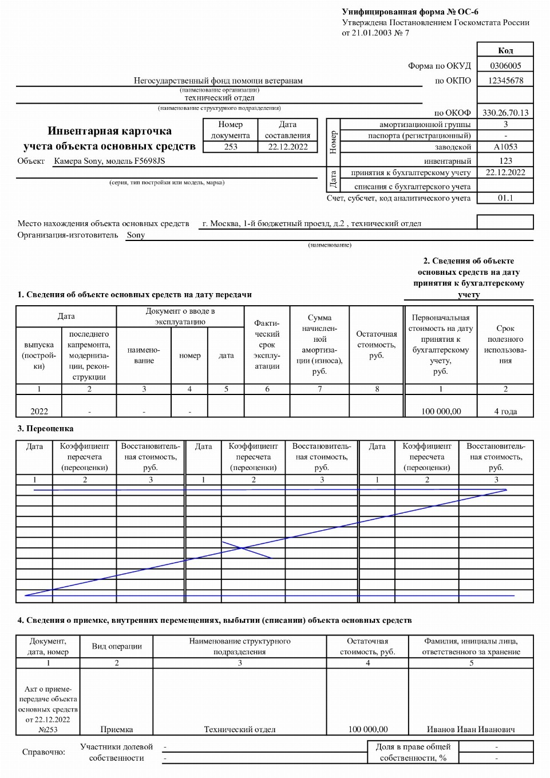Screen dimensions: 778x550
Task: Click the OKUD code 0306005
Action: (x=505, y=66)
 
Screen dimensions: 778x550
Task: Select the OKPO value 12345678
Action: (x=505, y=81)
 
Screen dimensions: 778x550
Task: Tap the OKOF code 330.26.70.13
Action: (x=505, y=113)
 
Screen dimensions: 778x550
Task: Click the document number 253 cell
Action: (x=231, y=147)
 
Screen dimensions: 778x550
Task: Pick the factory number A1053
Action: (x=505, y=147)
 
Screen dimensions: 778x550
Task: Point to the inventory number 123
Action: (x=505, y=161)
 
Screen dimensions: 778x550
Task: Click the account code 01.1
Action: (x=505, y=198)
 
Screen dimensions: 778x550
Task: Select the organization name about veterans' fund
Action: (x=218, y=81)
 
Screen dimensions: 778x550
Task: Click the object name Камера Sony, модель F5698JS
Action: (x=109, y=161)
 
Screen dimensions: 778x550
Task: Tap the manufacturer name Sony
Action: (x=136, y=235)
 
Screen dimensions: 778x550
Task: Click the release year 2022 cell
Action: (x=39, y=411)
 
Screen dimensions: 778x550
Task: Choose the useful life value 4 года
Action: (x=505, y=411)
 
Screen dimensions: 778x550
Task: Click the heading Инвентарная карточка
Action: (x=109, y=131)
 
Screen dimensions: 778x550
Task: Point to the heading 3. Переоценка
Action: (x=45, y=428)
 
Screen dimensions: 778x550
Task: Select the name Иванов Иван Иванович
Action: (x=470, y=729)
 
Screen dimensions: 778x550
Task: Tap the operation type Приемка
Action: (x=116, y=729)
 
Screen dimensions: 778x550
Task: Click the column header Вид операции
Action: (x=116, y=646)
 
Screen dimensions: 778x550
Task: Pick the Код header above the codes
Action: (x=505, y=50)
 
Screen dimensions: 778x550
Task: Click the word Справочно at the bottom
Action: (x=43, y=752)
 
